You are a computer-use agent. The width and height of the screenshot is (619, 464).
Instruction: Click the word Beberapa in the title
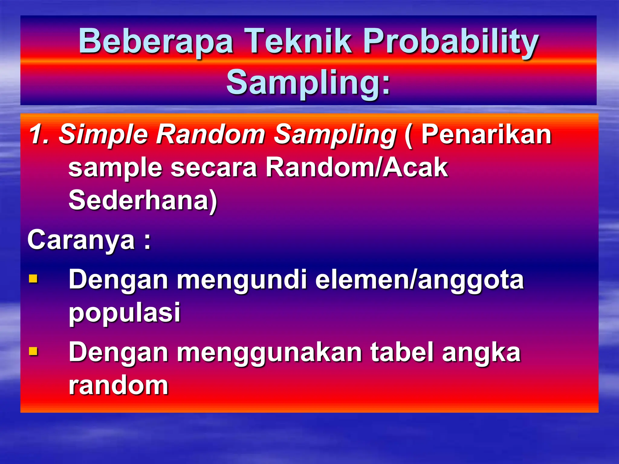tap(156, 41)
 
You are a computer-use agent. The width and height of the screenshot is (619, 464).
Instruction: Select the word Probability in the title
tap(450, 41)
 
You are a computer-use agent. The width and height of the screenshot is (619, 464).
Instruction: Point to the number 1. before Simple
tap(39, 134)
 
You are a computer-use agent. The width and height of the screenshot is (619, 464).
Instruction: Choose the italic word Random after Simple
tap(210, 134)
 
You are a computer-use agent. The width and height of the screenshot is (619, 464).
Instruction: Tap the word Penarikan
tap(487, 134)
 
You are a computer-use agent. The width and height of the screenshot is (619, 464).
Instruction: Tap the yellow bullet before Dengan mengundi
tap(33, 278)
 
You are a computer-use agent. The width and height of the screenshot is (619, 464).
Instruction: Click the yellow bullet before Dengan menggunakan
tap(33, 351)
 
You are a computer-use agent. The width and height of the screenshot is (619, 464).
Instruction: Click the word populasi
tap(125, 313)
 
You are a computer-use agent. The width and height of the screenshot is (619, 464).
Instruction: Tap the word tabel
tap(402, 352)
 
